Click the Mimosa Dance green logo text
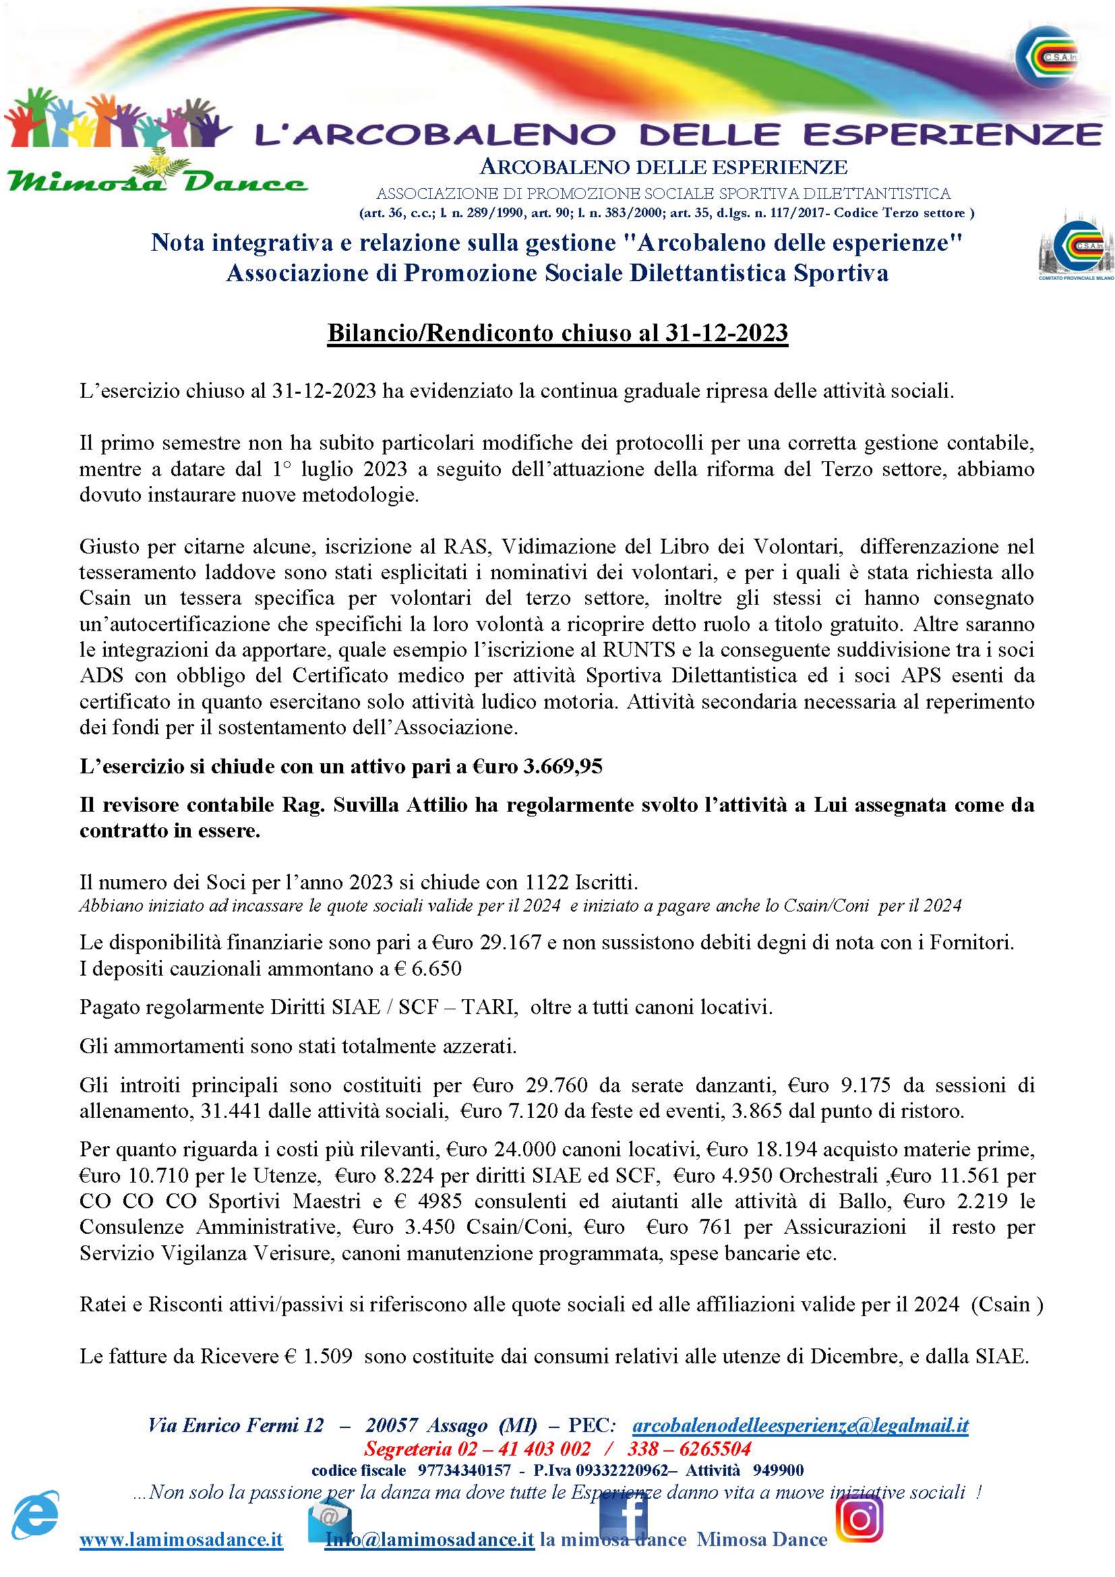tap(156, 181)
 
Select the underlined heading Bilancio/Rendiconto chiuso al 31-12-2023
tap(557, 333)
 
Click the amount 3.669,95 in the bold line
tap(562, 767)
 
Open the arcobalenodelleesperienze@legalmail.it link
tap(800, 1425)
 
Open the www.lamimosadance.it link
tap(181, 1539)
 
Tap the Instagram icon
tap(859, 1519)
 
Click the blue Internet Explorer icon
tap(36, 1516)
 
